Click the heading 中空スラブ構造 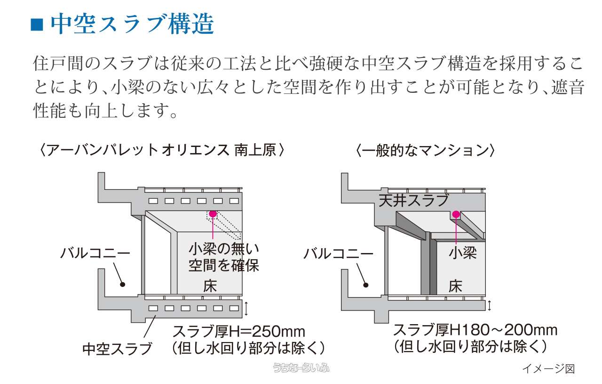point(132,24)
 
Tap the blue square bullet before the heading point(37,24)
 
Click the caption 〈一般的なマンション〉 point(426,150)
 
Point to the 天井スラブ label point(414,201)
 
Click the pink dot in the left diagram point(213,214)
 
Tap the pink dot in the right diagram point(455,215)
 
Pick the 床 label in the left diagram point(210,286)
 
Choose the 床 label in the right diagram point(455,286)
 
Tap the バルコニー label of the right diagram point(338,254)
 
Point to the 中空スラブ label point(117,349)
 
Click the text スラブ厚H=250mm point(239,331)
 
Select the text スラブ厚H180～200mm point(475,330)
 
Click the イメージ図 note point(548,368)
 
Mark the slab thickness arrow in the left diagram point(246,309)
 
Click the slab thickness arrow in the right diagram point(490,305)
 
